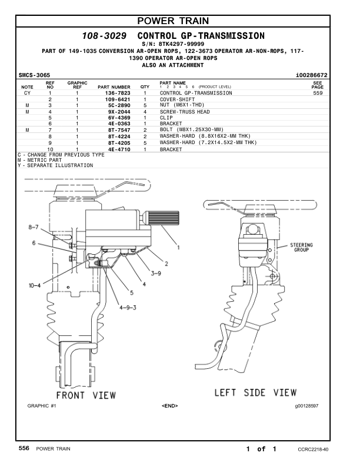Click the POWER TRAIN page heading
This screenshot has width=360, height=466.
179,22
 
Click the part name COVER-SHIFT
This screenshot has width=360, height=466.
178,99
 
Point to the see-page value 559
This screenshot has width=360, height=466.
318,93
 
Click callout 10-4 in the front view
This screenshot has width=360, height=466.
35,286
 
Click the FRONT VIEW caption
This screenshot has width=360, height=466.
86,394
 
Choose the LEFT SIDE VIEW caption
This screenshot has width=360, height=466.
255,392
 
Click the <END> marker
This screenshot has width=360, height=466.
169,406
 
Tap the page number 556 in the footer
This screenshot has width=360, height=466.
24,448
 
